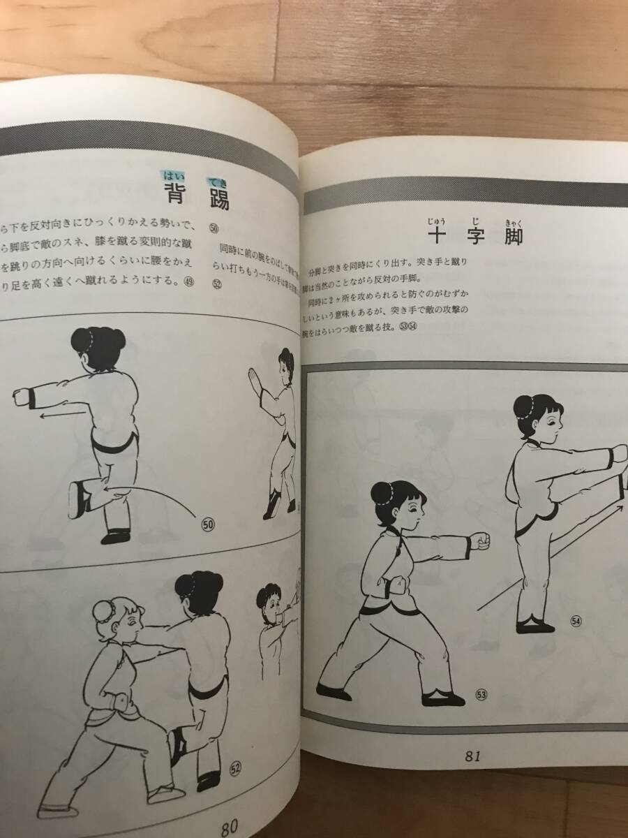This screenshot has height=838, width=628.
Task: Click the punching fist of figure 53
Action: [481, 542]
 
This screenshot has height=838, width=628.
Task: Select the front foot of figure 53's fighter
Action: [442, 698]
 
